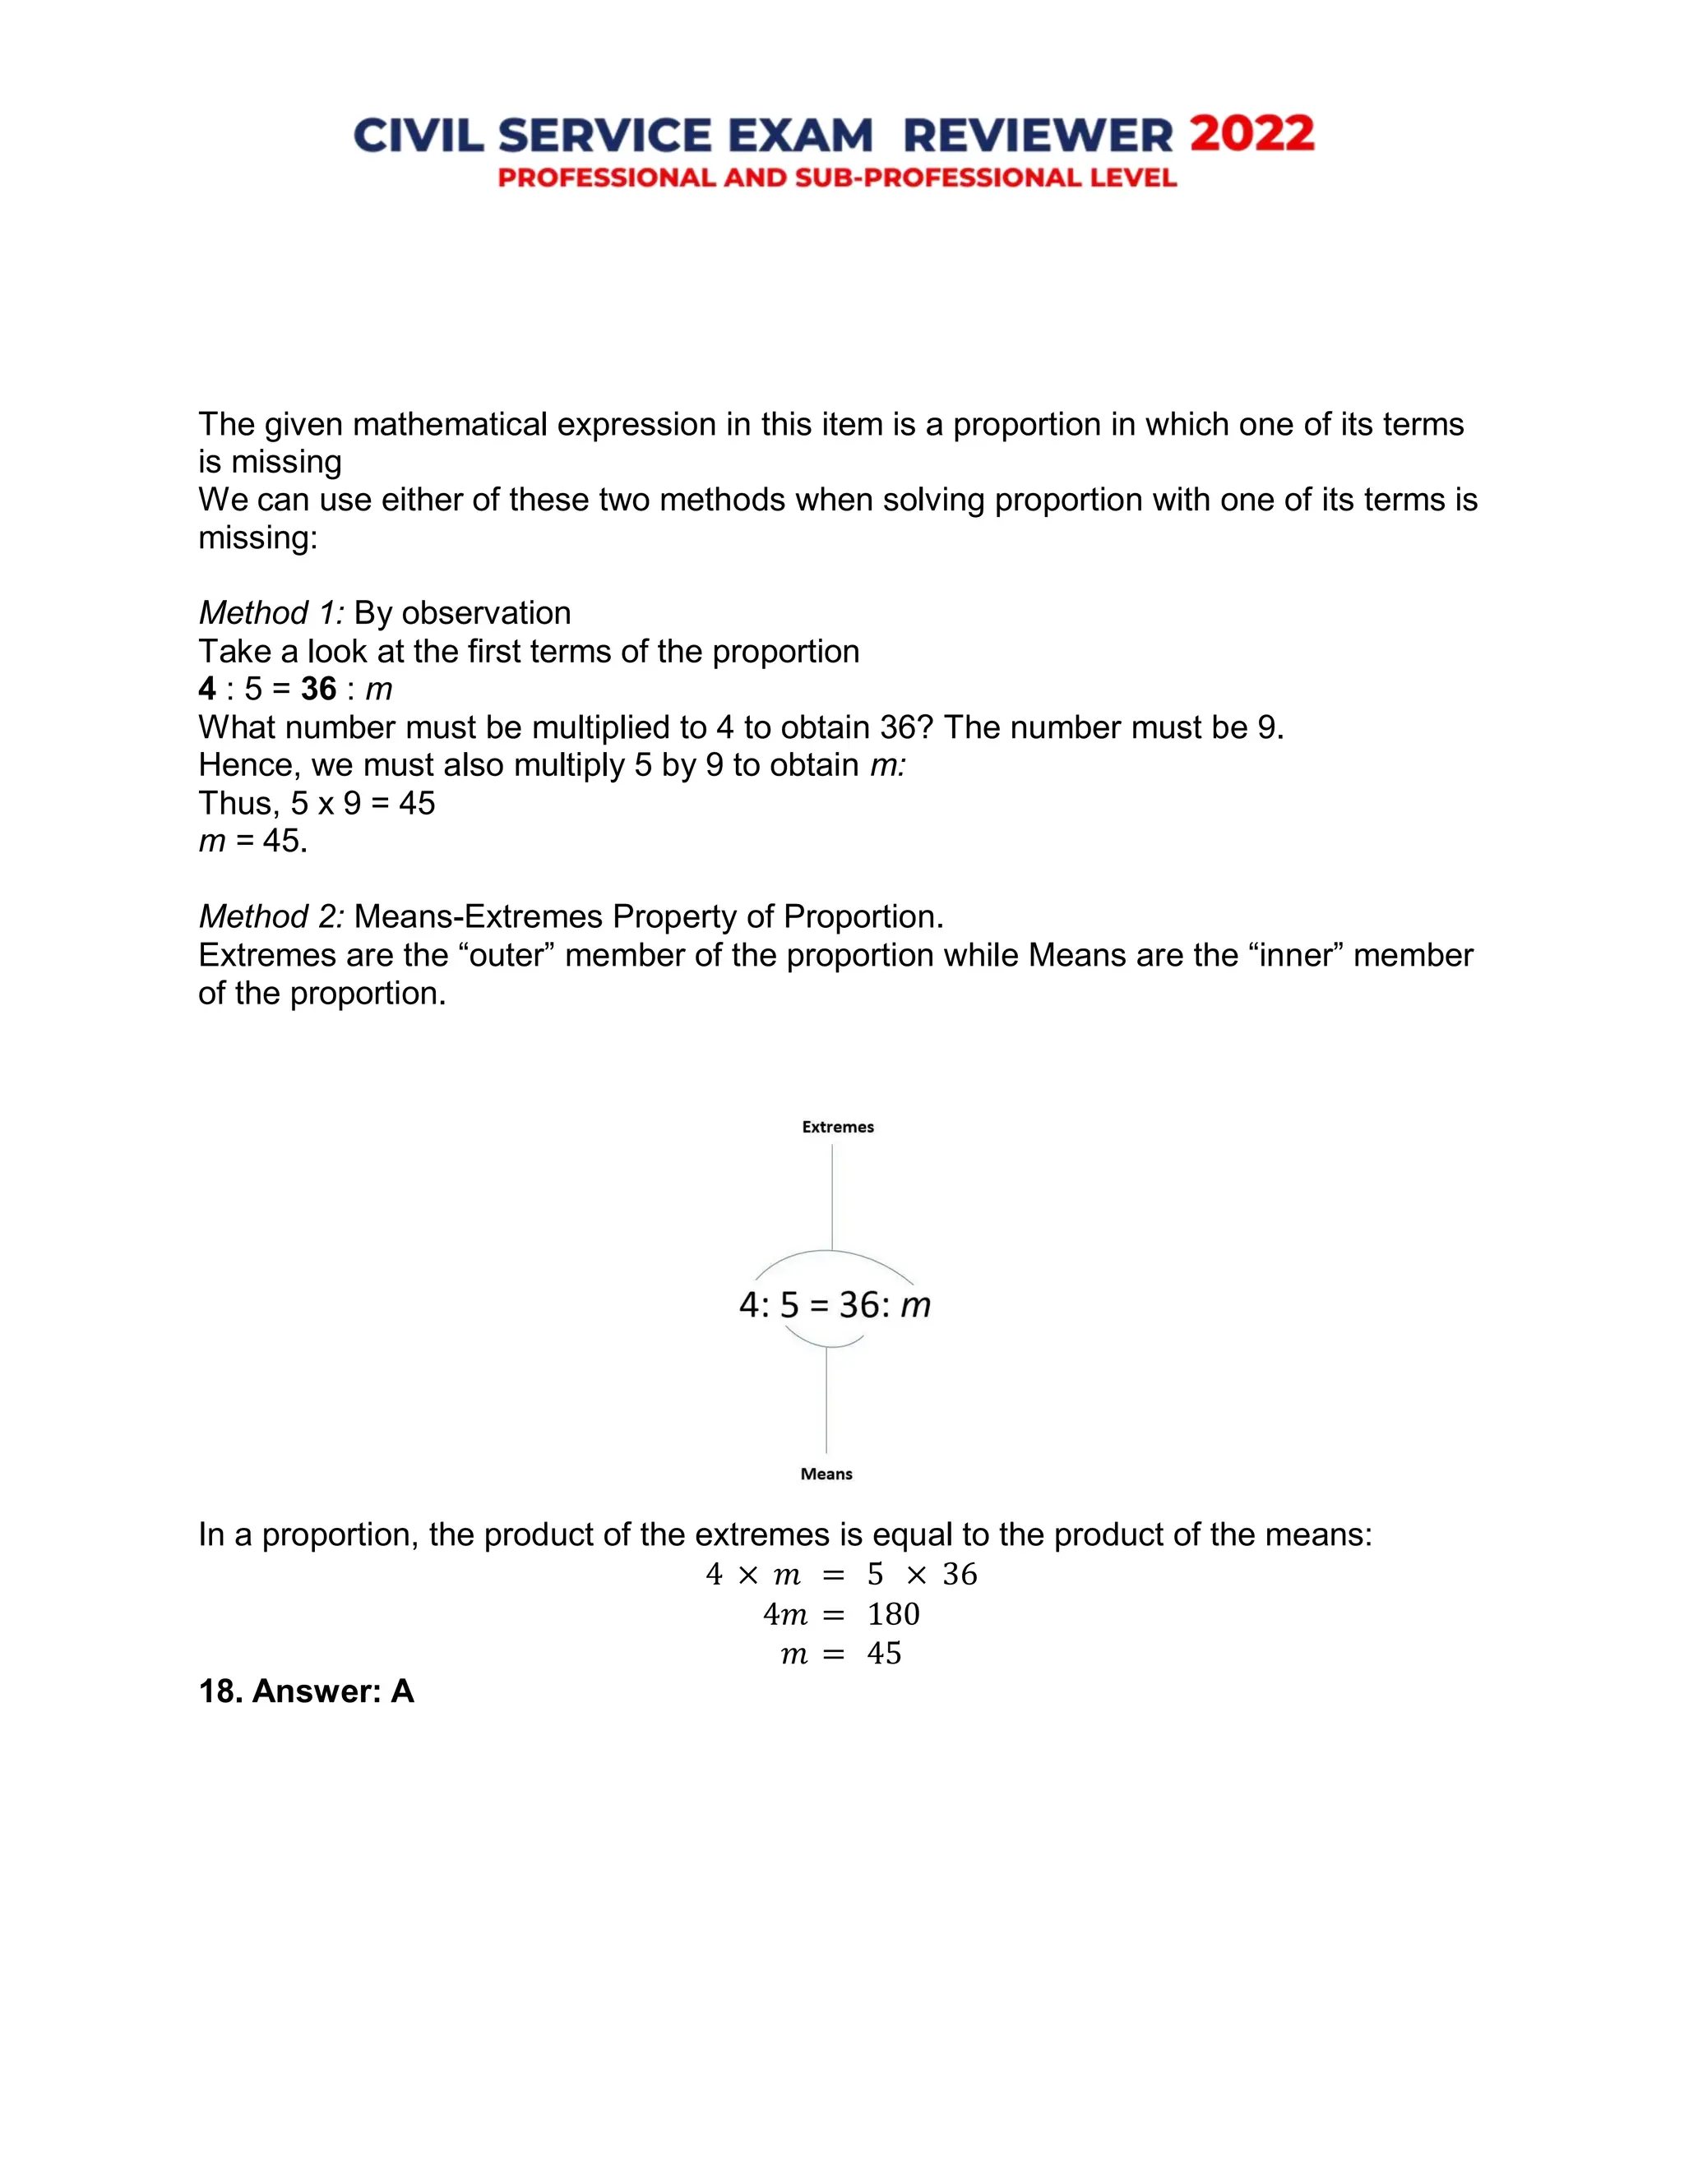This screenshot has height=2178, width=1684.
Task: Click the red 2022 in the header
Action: (1252, 135)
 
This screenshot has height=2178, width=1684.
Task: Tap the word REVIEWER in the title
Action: (1038, 136)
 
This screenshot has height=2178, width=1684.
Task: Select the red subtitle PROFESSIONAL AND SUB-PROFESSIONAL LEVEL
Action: (837, 178)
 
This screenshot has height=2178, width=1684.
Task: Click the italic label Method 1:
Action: (271, 612)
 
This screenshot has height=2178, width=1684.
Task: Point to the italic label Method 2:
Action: (271, 916)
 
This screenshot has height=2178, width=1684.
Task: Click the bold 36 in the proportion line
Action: (319, 689)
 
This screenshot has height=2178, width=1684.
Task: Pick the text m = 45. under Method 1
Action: (253, 841)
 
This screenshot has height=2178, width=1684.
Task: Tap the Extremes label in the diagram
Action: (838, 1127)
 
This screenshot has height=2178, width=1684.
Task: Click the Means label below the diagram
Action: (826, 1474)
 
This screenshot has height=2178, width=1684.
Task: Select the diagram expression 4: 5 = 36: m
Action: (835, 1305)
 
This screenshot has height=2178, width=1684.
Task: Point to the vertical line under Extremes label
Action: (832, 1197)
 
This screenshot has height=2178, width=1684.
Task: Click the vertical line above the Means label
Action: (826, 1401)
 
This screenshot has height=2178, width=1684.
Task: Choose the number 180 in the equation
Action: (893, 1614)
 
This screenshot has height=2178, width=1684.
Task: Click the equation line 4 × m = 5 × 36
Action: (841, 1575)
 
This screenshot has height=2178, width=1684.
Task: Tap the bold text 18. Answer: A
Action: (306, 1691)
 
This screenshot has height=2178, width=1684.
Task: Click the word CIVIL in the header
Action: (417, 136)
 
